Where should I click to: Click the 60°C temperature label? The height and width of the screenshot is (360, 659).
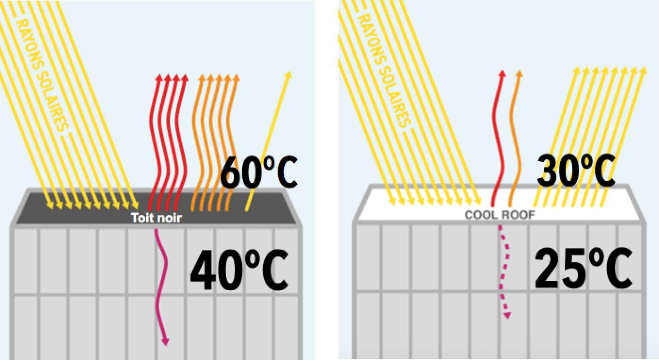tap(258, 173)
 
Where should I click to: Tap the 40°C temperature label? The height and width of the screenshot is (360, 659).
tap(239, 270)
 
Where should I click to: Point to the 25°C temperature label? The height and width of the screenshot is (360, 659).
tap(583, 269)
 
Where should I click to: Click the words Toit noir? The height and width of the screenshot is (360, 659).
tap(156, 218)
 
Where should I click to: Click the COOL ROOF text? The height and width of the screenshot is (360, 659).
tap(500, 215)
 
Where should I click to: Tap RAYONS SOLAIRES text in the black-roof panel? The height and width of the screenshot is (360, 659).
tap(42, 75)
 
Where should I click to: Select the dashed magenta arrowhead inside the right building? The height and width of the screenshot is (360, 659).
tap(506, 314)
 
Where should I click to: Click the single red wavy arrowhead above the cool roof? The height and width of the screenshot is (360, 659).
tap(502, 74)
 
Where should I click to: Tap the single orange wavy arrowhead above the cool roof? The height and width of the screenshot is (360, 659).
tap(519, 74)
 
